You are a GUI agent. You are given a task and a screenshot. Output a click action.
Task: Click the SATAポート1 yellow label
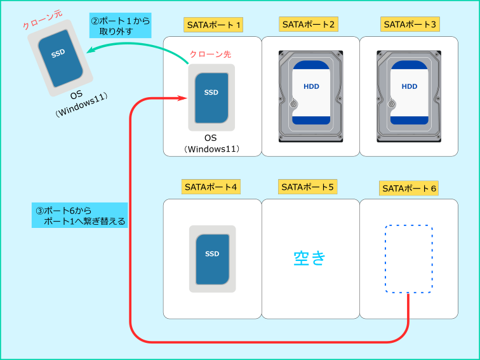(213, 25)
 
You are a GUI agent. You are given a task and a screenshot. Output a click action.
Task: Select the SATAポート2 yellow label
(309, 24)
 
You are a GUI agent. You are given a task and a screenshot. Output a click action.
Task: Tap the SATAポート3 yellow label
(410, 24)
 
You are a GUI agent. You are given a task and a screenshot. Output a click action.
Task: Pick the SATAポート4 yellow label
(211, 187)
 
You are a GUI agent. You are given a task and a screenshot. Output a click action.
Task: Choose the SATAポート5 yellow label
(308, 187)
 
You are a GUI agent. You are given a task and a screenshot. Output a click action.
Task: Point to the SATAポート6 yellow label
(409, 189)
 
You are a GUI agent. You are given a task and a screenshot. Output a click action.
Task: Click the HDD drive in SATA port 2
(310, 97)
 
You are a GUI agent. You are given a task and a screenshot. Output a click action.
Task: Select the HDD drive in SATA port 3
(409, 97)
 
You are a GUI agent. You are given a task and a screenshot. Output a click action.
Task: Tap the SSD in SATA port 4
(213, 259)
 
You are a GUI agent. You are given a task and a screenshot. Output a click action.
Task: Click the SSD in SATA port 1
(211, 97)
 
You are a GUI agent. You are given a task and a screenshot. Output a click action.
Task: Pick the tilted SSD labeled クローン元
(60, 58)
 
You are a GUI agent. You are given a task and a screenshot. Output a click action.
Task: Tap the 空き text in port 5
(309, 258)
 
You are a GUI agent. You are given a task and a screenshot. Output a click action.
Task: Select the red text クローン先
(210, 54)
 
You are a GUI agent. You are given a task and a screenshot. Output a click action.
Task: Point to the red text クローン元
(43, 19)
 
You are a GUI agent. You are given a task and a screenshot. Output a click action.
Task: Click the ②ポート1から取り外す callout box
(120, 25)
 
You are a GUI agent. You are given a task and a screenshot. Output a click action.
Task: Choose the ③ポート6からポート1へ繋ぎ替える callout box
(79, 215)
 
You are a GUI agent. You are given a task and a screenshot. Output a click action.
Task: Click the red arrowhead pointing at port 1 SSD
(183, 98)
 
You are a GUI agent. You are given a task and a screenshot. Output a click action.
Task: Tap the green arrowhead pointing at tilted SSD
(91, 50)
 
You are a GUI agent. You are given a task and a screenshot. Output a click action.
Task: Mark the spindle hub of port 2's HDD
(293, 104)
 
